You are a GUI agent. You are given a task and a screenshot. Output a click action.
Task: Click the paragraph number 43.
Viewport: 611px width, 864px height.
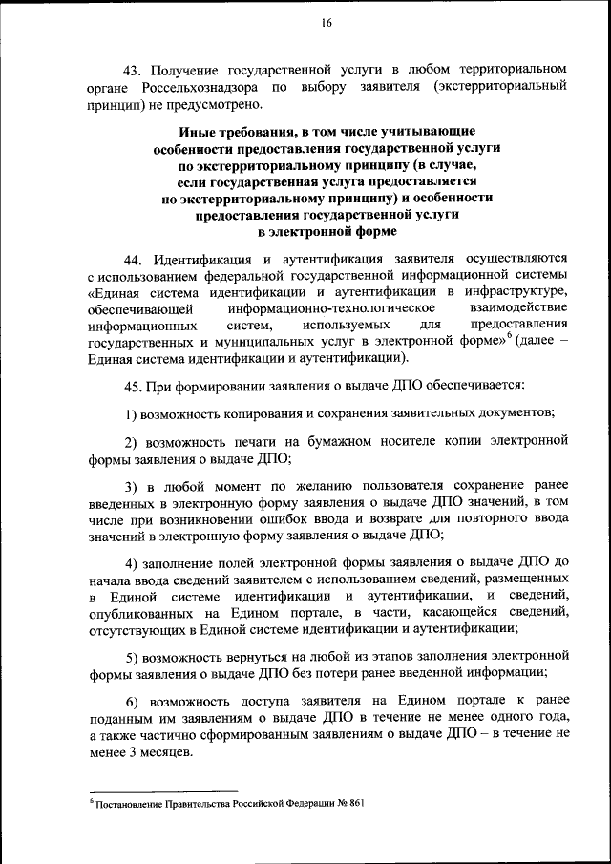coord(134,70)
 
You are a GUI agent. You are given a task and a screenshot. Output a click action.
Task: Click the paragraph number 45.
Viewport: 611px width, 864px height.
coord(134,387)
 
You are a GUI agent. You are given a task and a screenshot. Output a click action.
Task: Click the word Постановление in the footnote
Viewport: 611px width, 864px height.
coord(127,804)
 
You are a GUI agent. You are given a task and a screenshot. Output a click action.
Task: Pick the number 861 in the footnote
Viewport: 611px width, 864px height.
coord(354,804)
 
